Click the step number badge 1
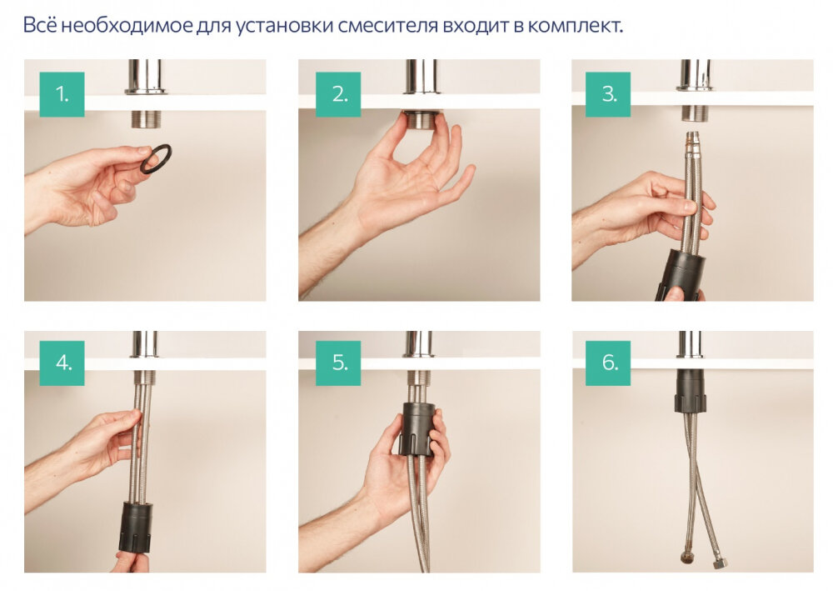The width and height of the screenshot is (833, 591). click(x=62, y=94)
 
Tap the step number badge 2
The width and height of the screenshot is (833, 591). click(x=338, y=94)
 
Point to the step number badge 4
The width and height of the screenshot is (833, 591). click(x=62, y=363)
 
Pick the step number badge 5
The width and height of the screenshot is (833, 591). click(x=338, y=363)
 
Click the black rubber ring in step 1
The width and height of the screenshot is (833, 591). click(x=156, y=158)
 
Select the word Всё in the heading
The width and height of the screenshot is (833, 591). click(x=39, y=25)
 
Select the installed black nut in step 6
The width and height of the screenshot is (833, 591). click(x=692, y=391)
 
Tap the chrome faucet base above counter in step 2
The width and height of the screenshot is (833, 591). click(x=420, y=76)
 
